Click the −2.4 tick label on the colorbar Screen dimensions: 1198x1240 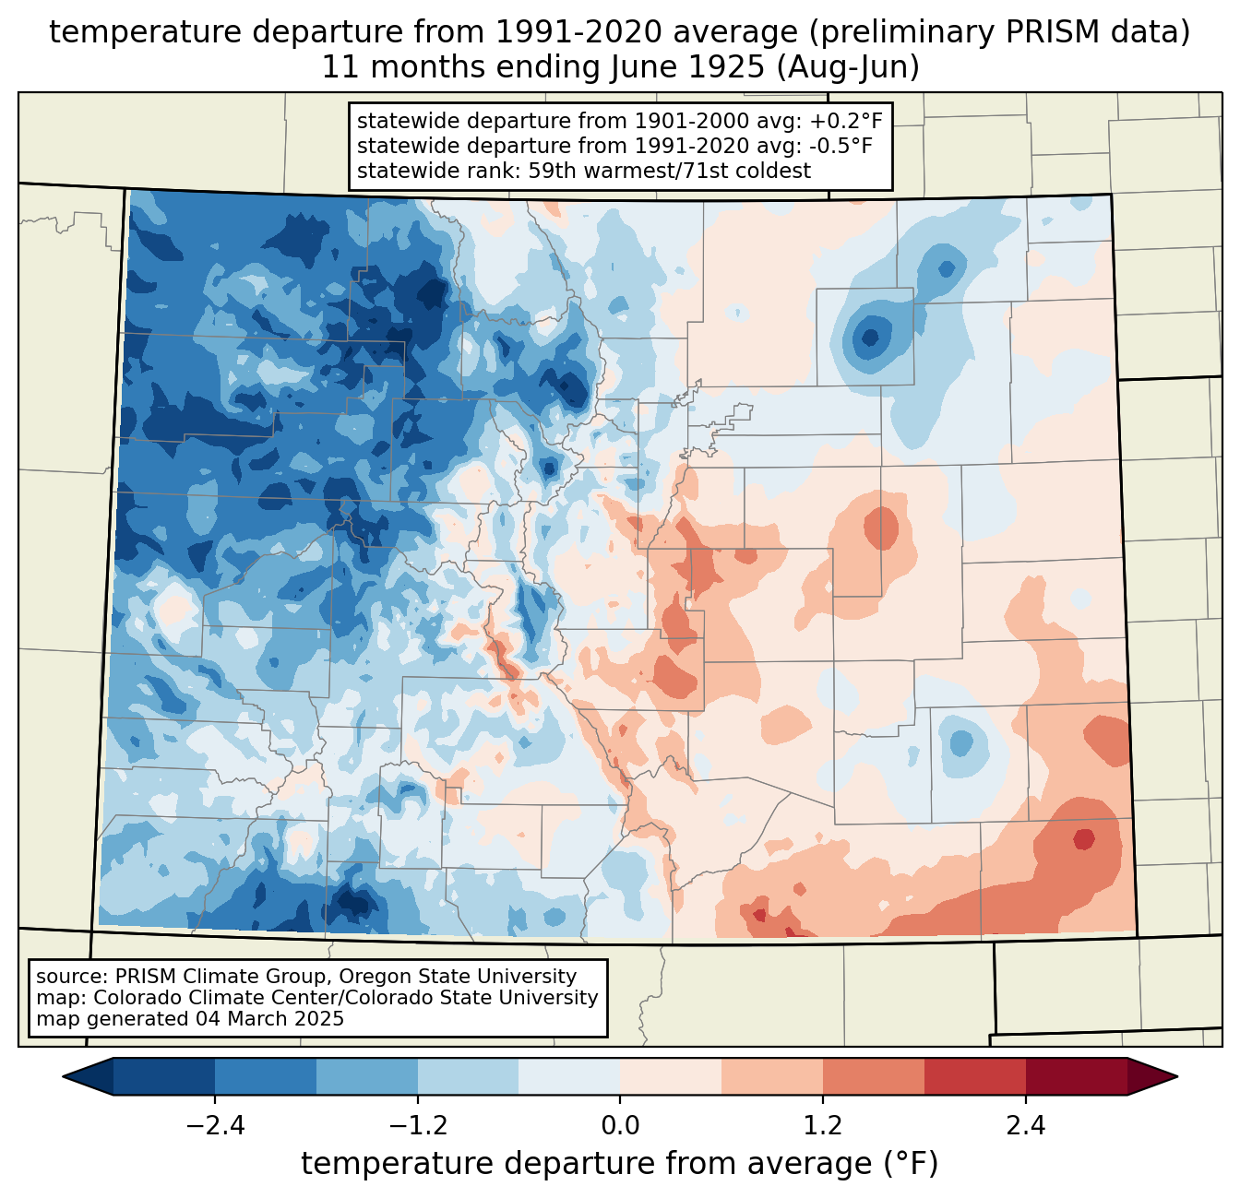coord(215,1126)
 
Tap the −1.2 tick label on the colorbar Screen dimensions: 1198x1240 coord(417,1126)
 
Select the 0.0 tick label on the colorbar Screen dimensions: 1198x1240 coord(620,1126)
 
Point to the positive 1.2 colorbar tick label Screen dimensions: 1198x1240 coord(823,1126)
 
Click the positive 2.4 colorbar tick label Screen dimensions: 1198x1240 coord(1025,1126)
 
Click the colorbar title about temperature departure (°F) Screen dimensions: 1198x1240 coord(620,1164)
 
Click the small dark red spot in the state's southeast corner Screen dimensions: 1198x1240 coord(1083,839)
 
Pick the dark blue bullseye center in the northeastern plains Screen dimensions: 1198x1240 coord(869,337)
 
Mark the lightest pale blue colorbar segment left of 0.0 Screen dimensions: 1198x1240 coord(569,1076)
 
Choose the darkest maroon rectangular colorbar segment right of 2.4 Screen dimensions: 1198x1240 coord(1076,1076)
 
